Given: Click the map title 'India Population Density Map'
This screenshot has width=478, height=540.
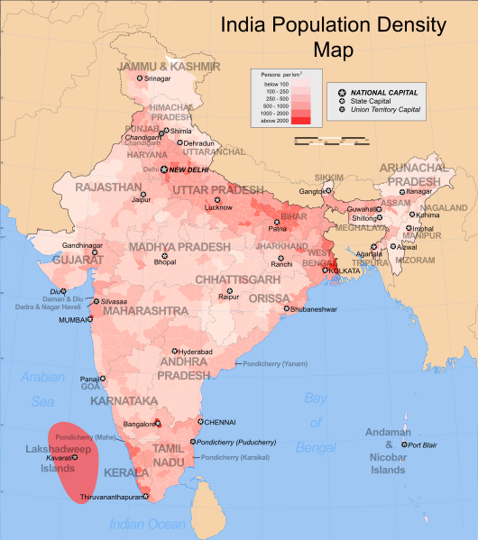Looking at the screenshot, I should click(333, 36).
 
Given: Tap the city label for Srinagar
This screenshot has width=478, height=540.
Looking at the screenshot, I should click(157, 78).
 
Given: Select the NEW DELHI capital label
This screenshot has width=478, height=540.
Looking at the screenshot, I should click(189, 169).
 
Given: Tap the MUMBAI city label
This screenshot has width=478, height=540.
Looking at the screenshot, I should click(76, 320).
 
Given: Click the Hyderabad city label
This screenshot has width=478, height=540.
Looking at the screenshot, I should click(195, 351).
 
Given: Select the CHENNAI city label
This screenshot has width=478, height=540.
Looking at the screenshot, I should click(219, 422).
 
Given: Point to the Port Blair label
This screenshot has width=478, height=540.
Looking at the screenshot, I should click(422, 445).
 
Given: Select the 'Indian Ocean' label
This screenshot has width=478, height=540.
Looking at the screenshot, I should click(147, 524).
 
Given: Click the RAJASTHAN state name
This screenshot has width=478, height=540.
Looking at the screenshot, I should click(108, 188).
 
